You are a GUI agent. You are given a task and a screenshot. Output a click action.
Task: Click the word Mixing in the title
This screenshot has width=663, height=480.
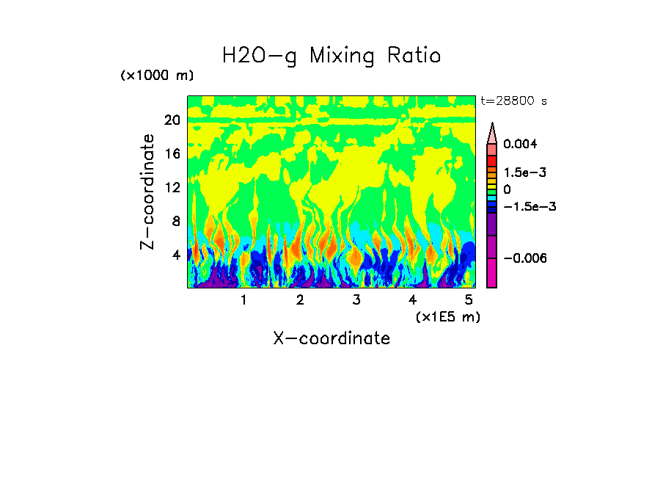pyautogui.click(x=343, y=57)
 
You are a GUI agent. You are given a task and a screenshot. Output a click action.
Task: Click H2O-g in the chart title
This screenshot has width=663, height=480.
pyautogui.click(x=260, y=57)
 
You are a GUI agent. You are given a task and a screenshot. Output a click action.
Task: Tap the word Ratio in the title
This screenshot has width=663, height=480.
pyautogui.click(x=414, y=56)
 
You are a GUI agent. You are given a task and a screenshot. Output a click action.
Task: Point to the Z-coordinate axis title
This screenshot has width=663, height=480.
pyautogui.click(x=148, y=192)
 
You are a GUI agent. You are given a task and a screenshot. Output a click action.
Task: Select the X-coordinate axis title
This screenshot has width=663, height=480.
pyautogui.click(x=331, y=338)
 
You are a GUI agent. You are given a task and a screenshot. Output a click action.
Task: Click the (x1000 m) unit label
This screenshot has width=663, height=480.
pyautogui.click(x=157, y=76)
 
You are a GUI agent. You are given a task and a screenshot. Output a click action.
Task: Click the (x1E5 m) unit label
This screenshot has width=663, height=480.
pyautogui.click(x=447, y=316)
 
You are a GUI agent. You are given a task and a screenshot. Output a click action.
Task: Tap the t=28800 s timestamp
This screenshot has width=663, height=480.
pyautogui.click(x=514, y=101)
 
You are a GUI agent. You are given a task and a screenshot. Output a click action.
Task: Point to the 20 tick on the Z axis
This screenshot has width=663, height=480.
pyautogui.click(x=172, y=120)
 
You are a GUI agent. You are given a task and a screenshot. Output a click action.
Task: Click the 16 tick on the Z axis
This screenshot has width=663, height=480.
pyautogui.click(x=172, y=154)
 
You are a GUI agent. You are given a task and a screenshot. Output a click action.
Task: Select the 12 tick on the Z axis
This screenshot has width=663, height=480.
pyautogui.click(x=172, y=188)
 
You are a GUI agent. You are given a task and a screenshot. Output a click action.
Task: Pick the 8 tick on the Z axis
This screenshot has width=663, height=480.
pyautogui.click(x=175, y=221)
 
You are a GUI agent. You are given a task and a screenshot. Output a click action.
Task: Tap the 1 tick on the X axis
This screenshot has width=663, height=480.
pyautogui.click(x=243, y=299)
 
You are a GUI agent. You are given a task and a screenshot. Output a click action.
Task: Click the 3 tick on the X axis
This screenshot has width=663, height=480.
pyautogui.click(x=356, y=299)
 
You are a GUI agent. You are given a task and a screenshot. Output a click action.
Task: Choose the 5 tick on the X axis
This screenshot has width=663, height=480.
pyautogui.click(x=469, y=299)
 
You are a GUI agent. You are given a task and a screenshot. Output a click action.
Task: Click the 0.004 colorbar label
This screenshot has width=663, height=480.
pyautogui.click(x=520, y=145)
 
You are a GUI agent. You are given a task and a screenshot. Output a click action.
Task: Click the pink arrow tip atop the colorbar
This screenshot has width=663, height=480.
pyautogui.click(x=492, y=133)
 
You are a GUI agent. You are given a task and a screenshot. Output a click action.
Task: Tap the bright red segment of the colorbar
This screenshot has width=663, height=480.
pyautogui.click(x=492, y=161)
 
